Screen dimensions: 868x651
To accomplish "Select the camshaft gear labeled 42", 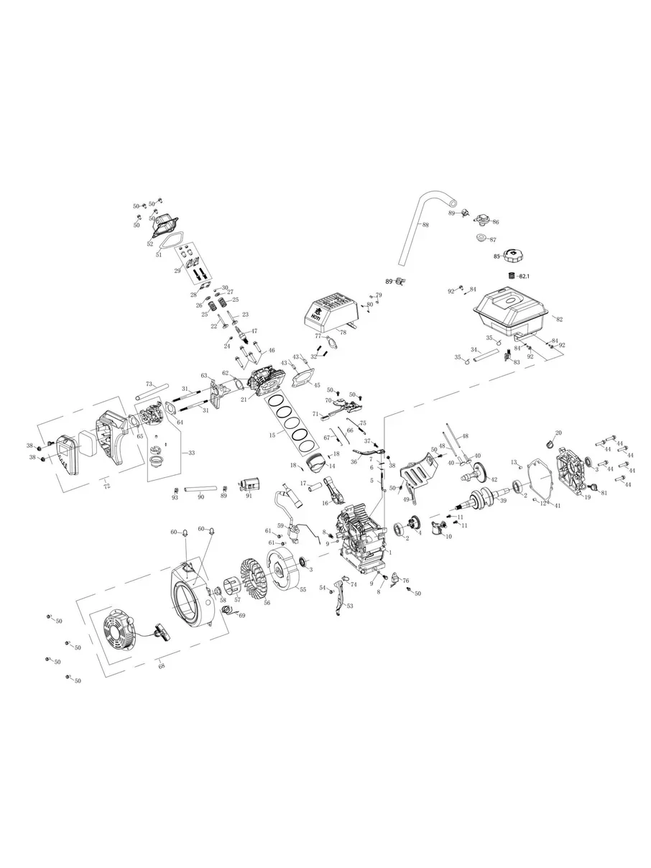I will [x=481, y=474].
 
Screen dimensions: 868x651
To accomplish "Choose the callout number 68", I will [x=162, y=665].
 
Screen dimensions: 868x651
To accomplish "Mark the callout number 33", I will [x=190, y=453].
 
